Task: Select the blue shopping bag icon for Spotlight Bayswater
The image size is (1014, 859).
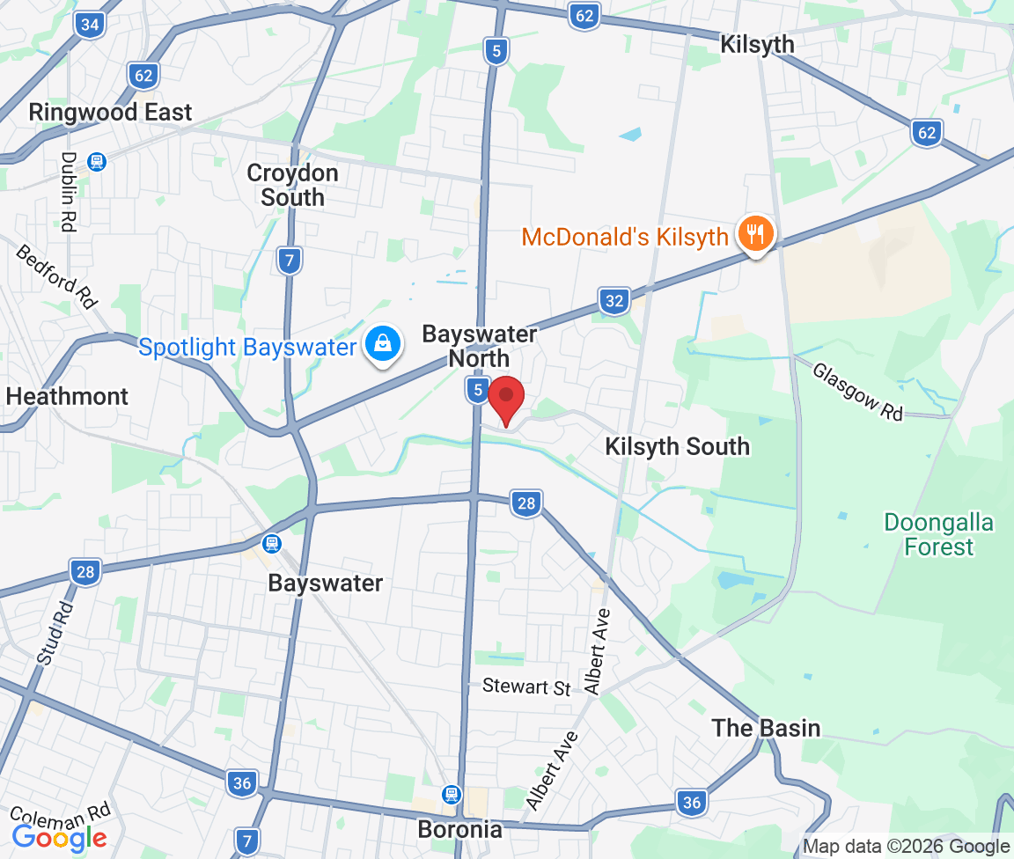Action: (384, 344)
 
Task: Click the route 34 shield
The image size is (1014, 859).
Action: (90, 25)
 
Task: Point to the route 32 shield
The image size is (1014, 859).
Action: (614, 302)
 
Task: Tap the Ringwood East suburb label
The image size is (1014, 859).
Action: (110, 113)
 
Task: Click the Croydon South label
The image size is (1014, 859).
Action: (292, 185)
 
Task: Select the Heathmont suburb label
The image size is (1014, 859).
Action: (67, 397)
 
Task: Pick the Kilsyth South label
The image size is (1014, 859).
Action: (677, 446)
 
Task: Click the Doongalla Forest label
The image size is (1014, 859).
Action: (939, 535)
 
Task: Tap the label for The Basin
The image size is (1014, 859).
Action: (766, 728)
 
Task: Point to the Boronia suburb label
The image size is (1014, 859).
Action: (460, 829)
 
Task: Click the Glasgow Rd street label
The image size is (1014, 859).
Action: (858, 392)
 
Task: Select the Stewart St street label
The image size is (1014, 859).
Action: (527, 686)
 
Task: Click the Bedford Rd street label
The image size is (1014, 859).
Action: (56, 275)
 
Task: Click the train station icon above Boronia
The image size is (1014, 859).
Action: (452, 794)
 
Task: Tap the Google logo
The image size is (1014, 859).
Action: (59, 837)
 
